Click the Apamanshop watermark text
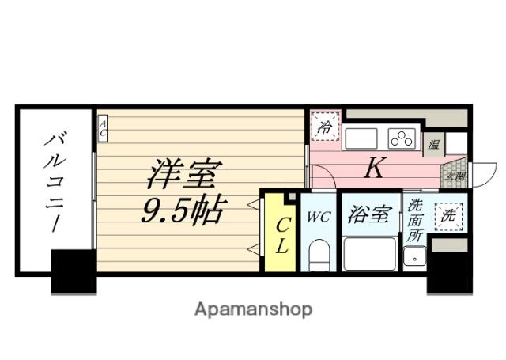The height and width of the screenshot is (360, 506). tap(253, 309)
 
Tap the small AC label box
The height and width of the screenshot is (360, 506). tap(103, 129)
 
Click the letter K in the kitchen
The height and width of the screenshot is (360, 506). tap(374, 168)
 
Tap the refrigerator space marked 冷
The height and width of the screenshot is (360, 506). tap(324, 126)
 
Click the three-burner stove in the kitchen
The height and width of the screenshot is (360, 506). tap(402, 138)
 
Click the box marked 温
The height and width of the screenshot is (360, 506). tap(433, 144)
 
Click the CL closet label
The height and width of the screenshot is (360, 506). tap(281, 235)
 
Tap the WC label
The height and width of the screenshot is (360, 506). tap(319, 216)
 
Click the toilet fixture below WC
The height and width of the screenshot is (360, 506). tap(319, 256)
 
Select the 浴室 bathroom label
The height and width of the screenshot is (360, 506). tap(369, 215)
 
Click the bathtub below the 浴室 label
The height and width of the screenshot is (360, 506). tap(369, 253)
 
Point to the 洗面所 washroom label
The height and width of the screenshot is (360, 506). tap(415, 222)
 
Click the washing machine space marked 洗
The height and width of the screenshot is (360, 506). tap(448, 214)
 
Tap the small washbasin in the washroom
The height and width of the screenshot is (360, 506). tap(414, 256)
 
